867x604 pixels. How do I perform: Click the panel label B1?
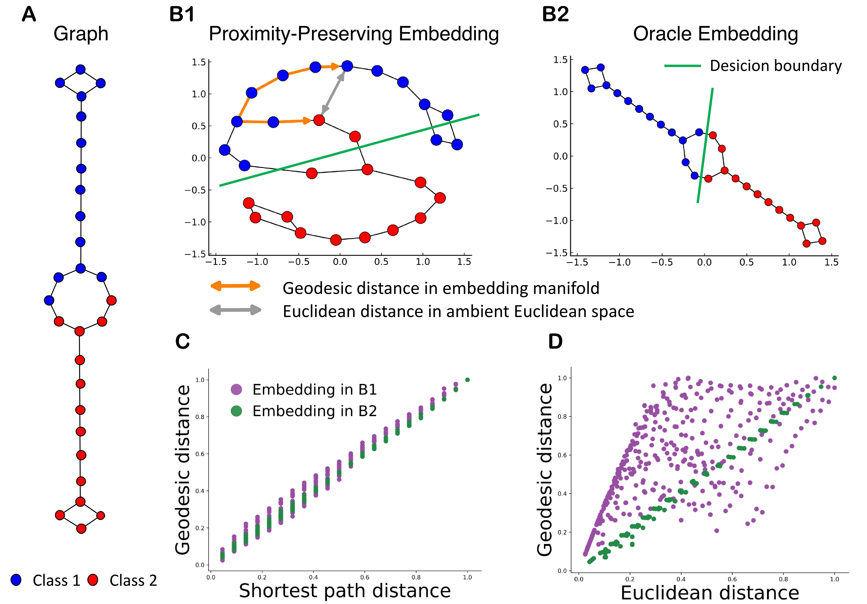pos(182,14)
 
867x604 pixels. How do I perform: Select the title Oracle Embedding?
pos(715,34)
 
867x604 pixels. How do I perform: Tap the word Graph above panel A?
pos(81,34)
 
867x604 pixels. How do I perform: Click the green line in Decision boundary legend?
pos(682,66)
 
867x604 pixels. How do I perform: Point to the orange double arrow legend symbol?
pos(236,286)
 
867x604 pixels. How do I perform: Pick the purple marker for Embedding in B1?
pos(236,389)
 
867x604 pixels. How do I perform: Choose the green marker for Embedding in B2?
pos(236,411)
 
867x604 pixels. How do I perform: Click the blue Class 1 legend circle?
pos(16,580)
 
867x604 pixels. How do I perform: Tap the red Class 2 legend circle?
pos(93,580)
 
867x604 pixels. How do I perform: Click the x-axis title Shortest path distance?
pos(345,590)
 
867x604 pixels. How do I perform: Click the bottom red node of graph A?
pos(81,529)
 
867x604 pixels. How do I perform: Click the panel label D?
pos(555,341)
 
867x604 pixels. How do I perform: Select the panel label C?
pos(182,341)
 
